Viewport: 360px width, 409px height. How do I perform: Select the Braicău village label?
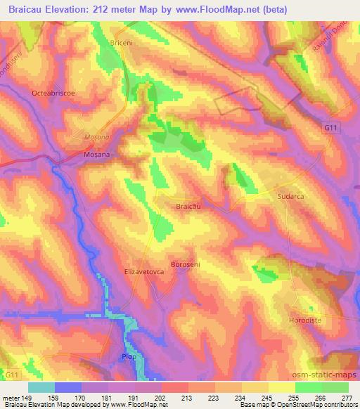click(189, 207)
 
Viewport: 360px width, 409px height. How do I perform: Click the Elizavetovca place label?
click(143, 270)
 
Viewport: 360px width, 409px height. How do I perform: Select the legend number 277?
click(347, 397)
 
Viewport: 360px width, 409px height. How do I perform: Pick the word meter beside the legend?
click(11, 397)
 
